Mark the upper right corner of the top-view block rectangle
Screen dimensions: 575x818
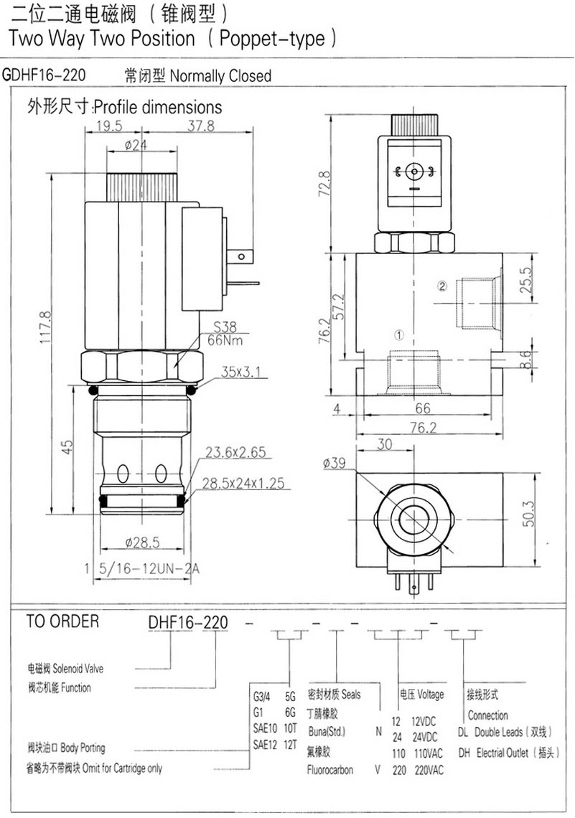[503, 473]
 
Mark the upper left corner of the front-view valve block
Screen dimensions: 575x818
[356, 253]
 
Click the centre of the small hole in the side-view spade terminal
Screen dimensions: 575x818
[241, 257]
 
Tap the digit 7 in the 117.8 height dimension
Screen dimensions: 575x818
[45, 326]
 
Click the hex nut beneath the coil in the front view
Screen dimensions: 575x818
[142, 368]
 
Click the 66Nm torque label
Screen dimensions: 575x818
[225, 341]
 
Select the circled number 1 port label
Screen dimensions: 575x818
[398, 335]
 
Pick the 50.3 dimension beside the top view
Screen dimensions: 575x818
[528, 513]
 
